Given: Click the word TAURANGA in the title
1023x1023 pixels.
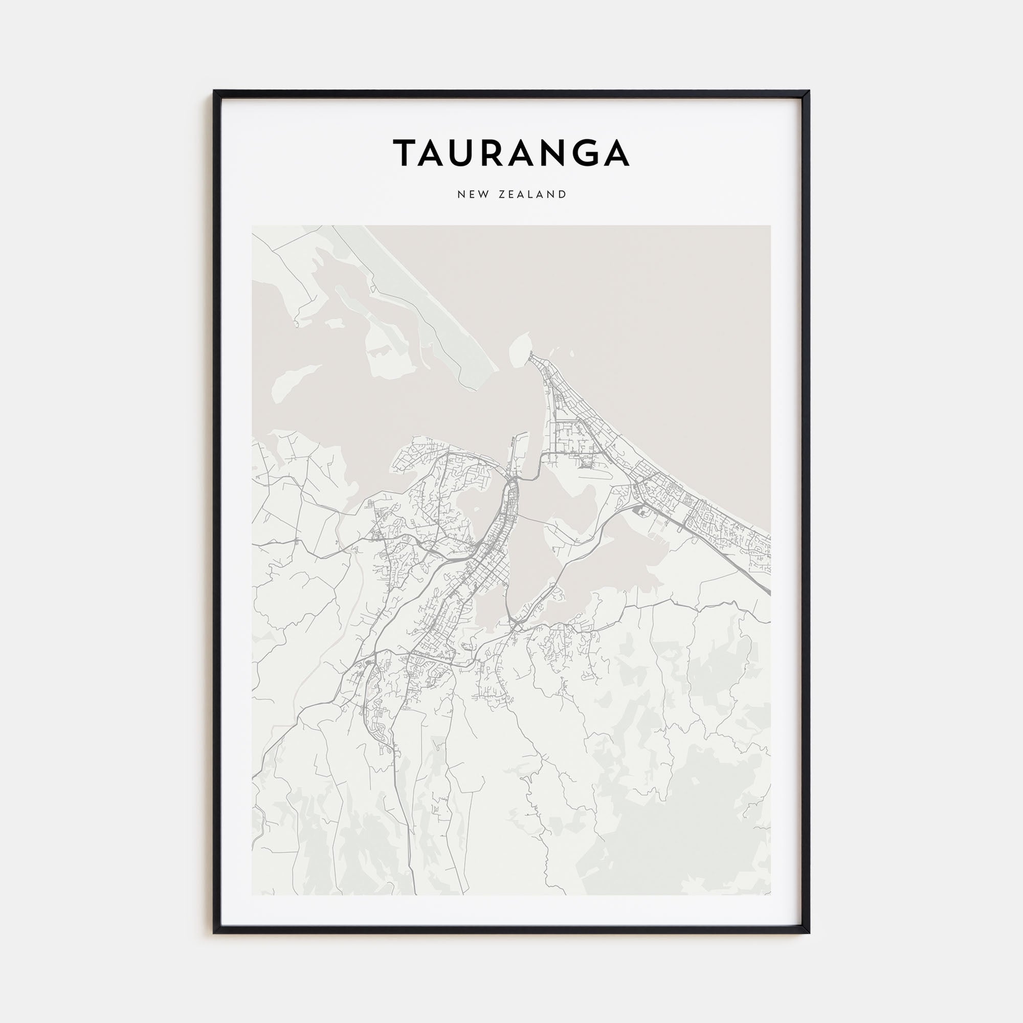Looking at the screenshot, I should pyautogui.click(x=511, y=152).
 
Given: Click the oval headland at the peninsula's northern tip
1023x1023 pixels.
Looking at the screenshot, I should pyautogui.click(x=519, y=347).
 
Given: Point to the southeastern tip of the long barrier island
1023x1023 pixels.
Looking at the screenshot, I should pyautogui.click(x=495, y=370).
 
